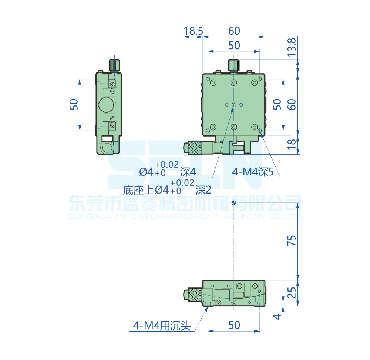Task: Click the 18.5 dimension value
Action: [193, 31]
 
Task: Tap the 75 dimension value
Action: [292, 241]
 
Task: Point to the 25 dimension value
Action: [292, 293]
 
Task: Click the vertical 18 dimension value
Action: [292, 145]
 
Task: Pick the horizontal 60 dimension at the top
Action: [234, 31]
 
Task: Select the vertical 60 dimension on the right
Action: [292, 105]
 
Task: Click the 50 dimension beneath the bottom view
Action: [234, 325]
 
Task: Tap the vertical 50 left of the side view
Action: [74, 105]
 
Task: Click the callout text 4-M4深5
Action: [252, 172]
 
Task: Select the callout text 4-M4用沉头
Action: [162, 326]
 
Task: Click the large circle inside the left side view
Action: [106, 105]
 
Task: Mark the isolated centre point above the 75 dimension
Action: [233, 202]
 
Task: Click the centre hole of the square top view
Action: [233, 105]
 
